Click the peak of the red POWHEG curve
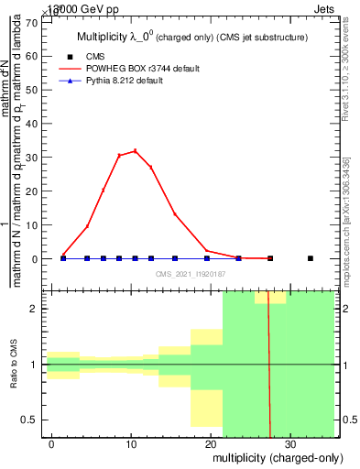pyautogui.click(x=136, y=151)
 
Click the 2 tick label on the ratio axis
pyautogui.click(x=34, y=309)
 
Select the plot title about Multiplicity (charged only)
pyautogui.click(x=190, y=38)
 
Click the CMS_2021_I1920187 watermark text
pyautogui.click(x=190, y=273)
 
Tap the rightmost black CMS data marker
pyautogui.click(x=310, y=258)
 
